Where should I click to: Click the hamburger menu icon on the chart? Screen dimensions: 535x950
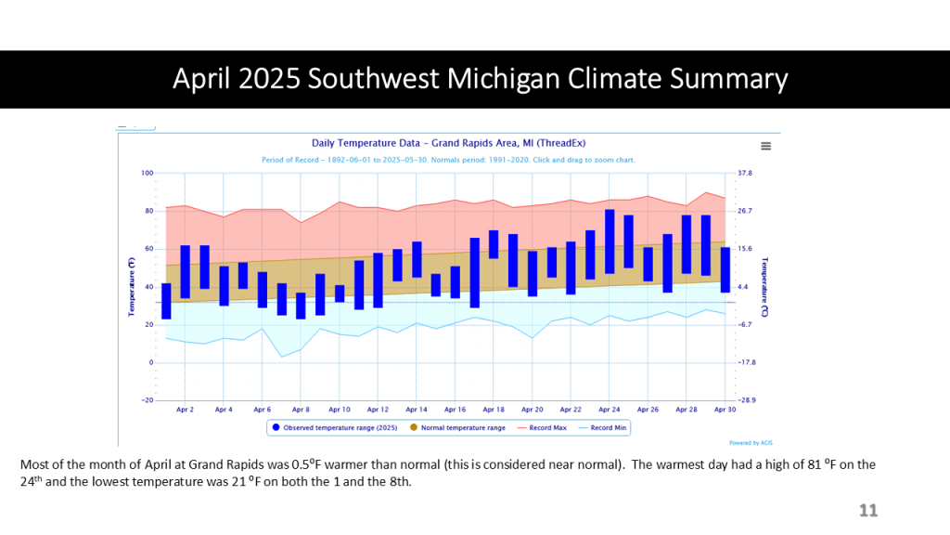tap(765, 146)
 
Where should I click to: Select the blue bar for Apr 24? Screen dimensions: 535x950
tap(610, 241)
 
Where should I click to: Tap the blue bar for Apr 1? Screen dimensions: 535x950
tap(166, 301)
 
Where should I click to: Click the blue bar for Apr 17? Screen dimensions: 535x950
tap(475, 272)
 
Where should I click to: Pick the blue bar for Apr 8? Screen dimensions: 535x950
tap(301, 306)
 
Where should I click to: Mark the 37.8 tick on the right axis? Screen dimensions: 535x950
tap(744, 173)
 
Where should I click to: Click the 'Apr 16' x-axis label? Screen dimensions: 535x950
tap(455, 410)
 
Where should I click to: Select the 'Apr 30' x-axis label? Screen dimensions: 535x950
tap(725, 410)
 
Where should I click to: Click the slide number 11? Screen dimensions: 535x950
tap(867, 511)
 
